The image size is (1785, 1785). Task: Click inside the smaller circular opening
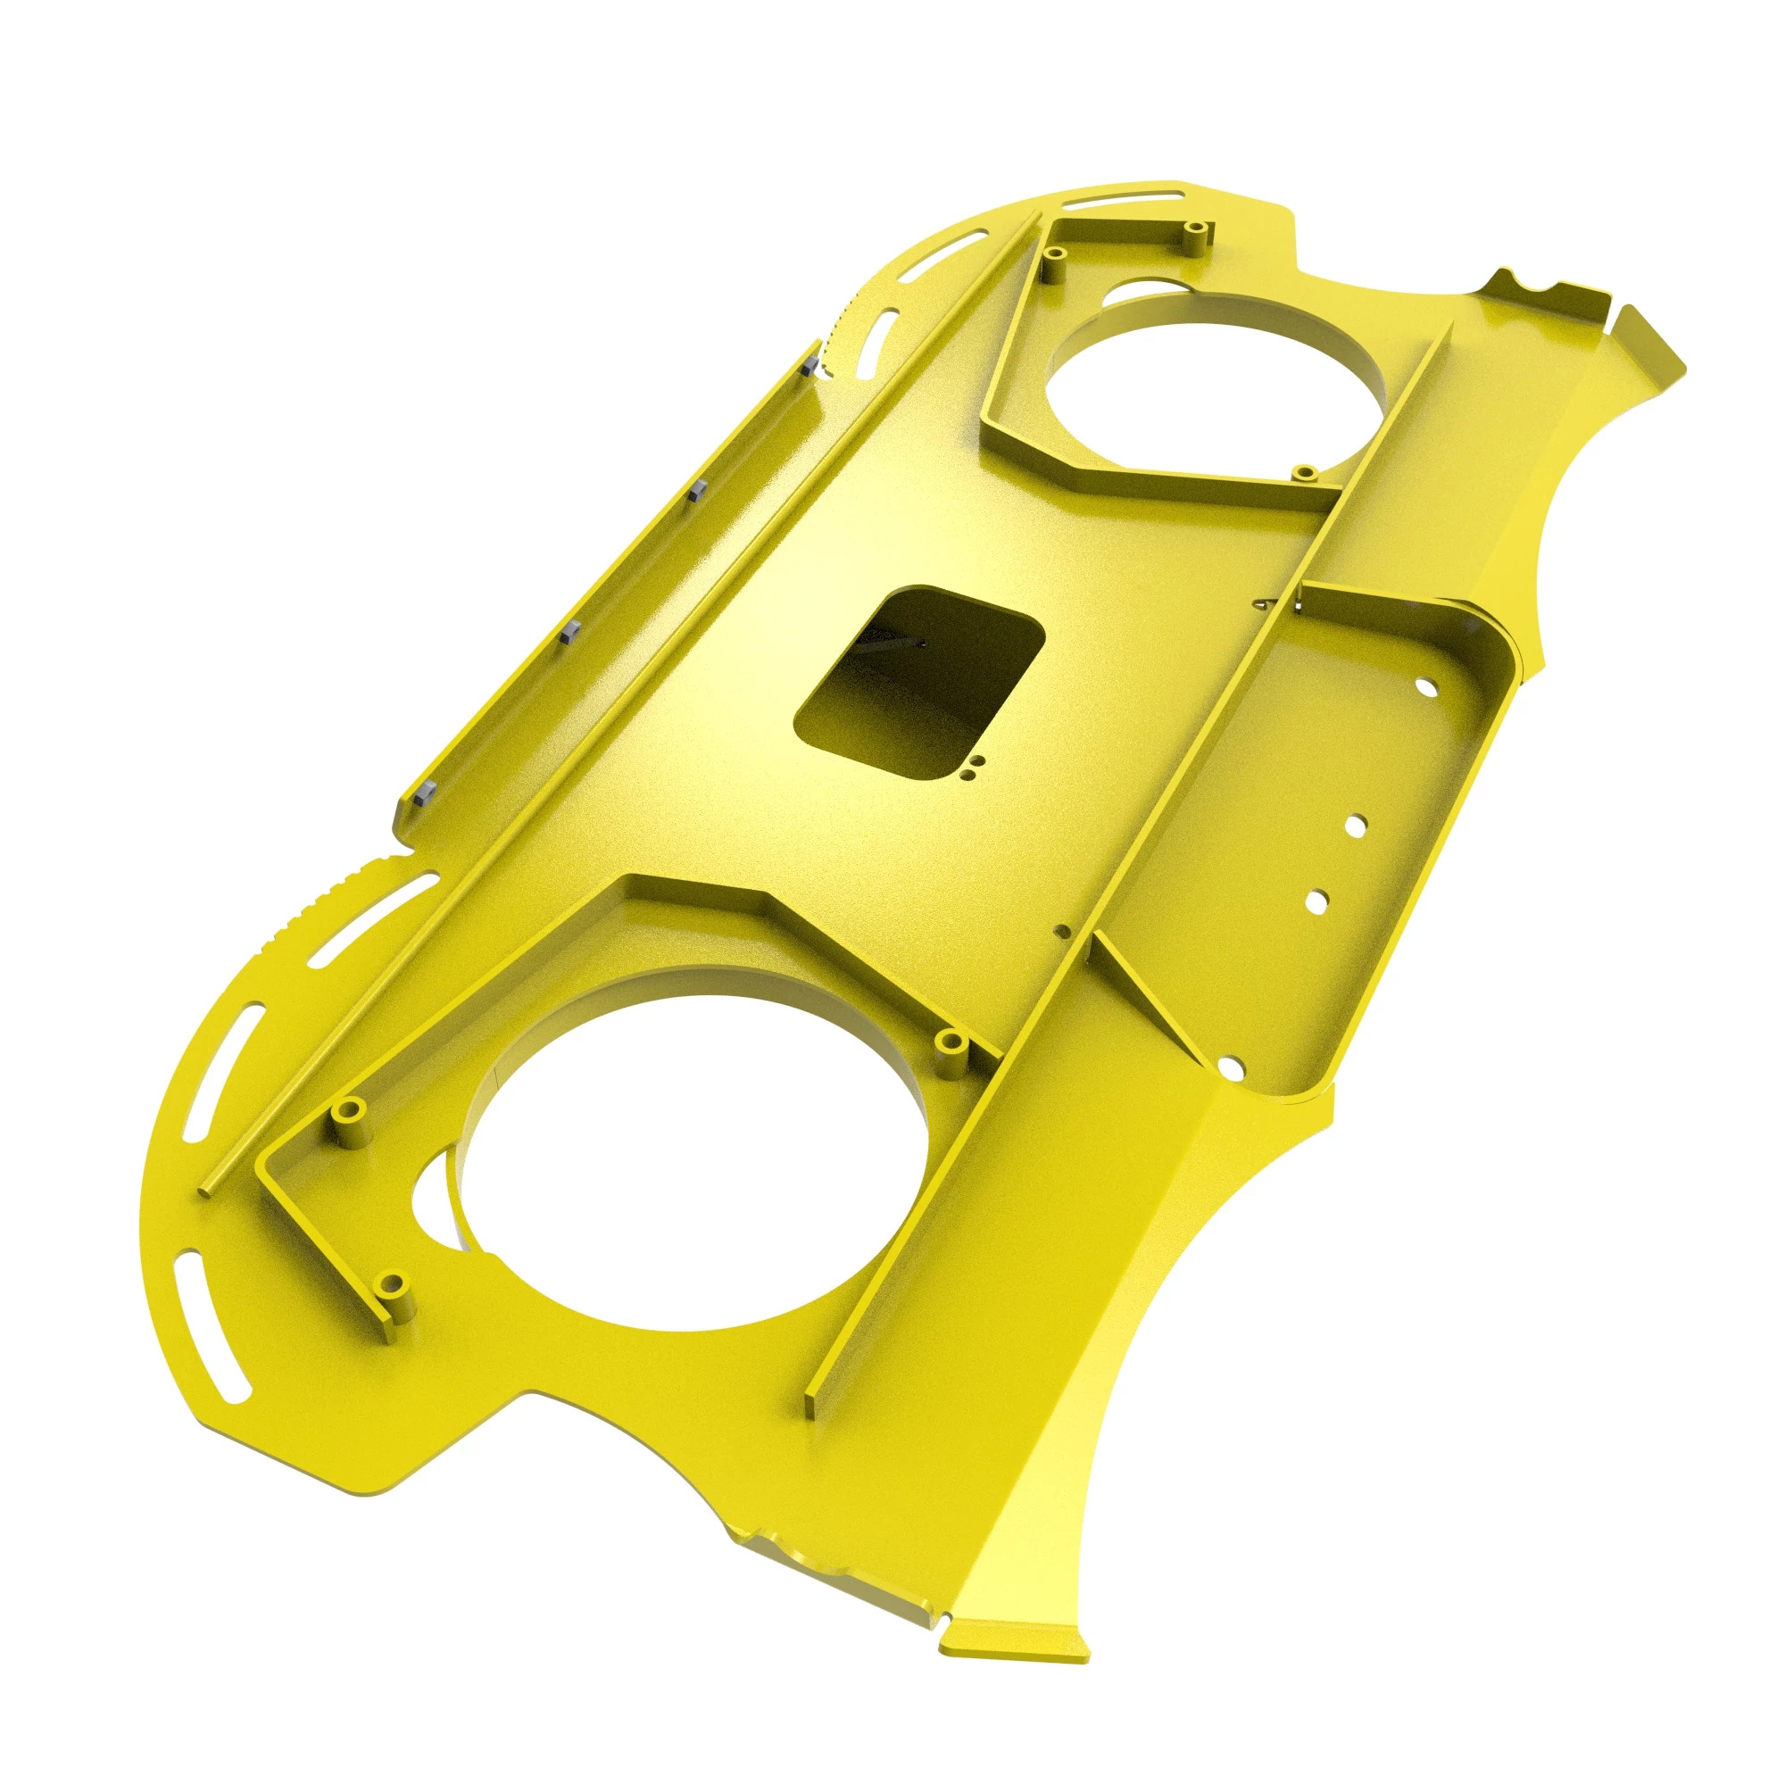1219,388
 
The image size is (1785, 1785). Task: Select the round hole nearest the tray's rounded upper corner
1426,688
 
